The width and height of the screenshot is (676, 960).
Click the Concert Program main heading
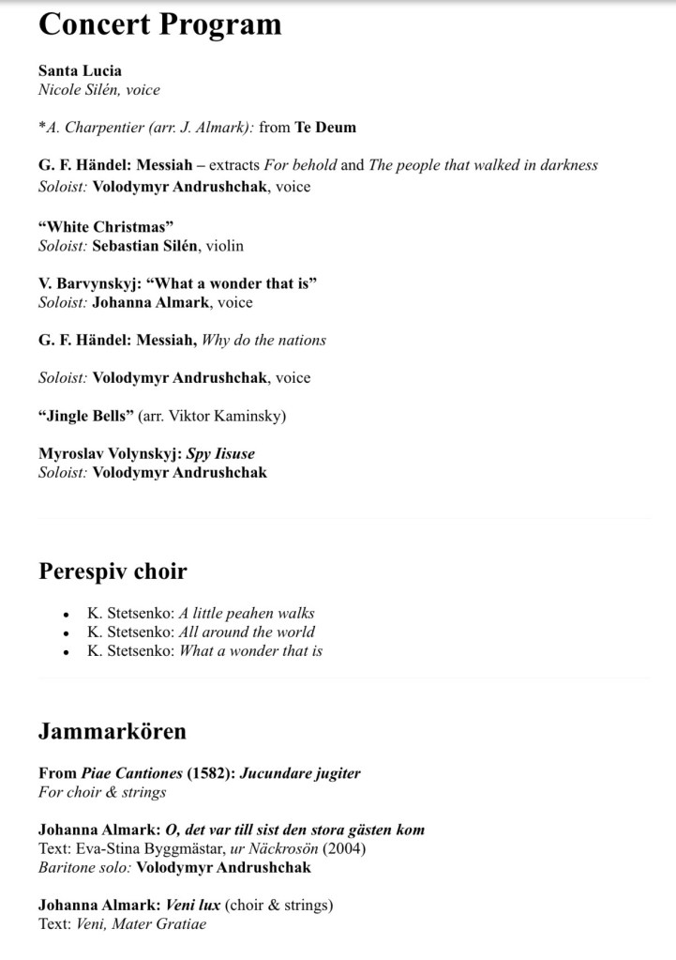pyautogui.click(x=159, y=24)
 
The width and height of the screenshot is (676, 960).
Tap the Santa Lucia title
pyautogui.click(x=80, y=70)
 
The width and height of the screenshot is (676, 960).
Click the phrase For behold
pyautogui.click(x=300, y=165)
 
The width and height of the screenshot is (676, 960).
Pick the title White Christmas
pyautogui.click(x=106, y=226)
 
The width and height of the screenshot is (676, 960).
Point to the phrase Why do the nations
pyautogui.click(x=263, y=340)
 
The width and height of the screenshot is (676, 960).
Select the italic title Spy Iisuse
pyautogui.click(x=220, y=453)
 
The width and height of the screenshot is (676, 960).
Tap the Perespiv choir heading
pyautogui.click(x=113, y=571)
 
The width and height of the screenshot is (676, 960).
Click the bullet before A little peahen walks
pyautogui.click(x=66, y=614)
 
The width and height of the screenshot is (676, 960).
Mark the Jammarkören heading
pyautogui.click(x=113, y=730)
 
